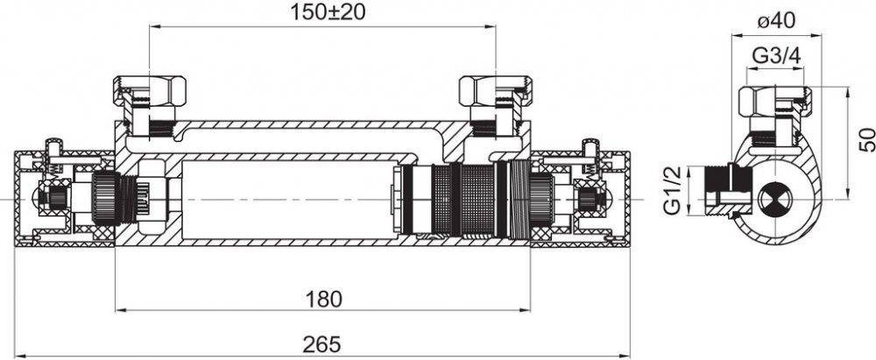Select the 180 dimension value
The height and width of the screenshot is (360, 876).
tap(325, 299)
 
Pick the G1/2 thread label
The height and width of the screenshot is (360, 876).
tap(673, 190)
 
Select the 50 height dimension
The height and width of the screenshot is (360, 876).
tap(866, 140)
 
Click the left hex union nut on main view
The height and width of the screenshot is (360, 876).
tap(150, 88)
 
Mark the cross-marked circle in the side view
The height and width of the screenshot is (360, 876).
tap(775, 200)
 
